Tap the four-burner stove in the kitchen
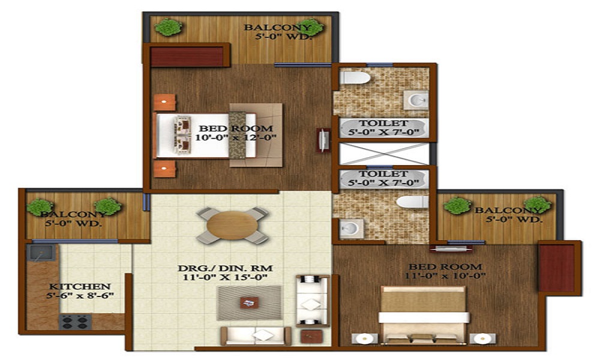tap(74, 321)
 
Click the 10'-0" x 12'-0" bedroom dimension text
tap(236, 138)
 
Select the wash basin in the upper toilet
tap(415, 100)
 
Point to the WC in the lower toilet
tap(414, 202)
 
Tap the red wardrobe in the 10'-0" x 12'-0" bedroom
tap(186, 56)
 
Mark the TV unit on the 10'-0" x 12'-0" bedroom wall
tap(324, 140)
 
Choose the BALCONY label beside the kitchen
tap(61, 214)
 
